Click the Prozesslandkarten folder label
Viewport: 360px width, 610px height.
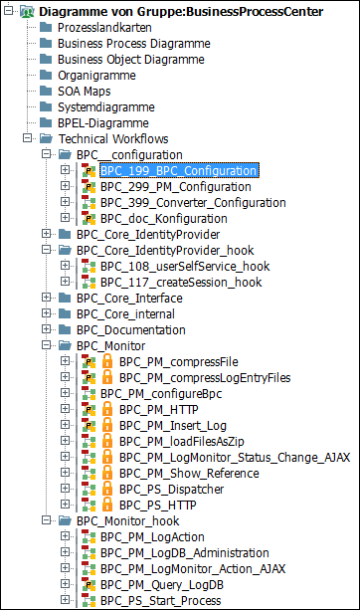[x=103, y=28]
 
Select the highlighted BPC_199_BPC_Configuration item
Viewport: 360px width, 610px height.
[x=178, y=171]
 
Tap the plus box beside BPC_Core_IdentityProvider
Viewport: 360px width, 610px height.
[x=47, y=235]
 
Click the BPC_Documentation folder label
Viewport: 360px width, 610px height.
[x=130, y=330]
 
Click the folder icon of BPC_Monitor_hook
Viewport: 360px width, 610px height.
[x=64, y=521]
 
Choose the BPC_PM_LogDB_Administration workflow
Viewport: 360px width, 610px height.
[x=185, y=553]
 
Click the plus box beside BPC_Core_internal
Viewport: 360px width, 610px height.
[x=47, y=314]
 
